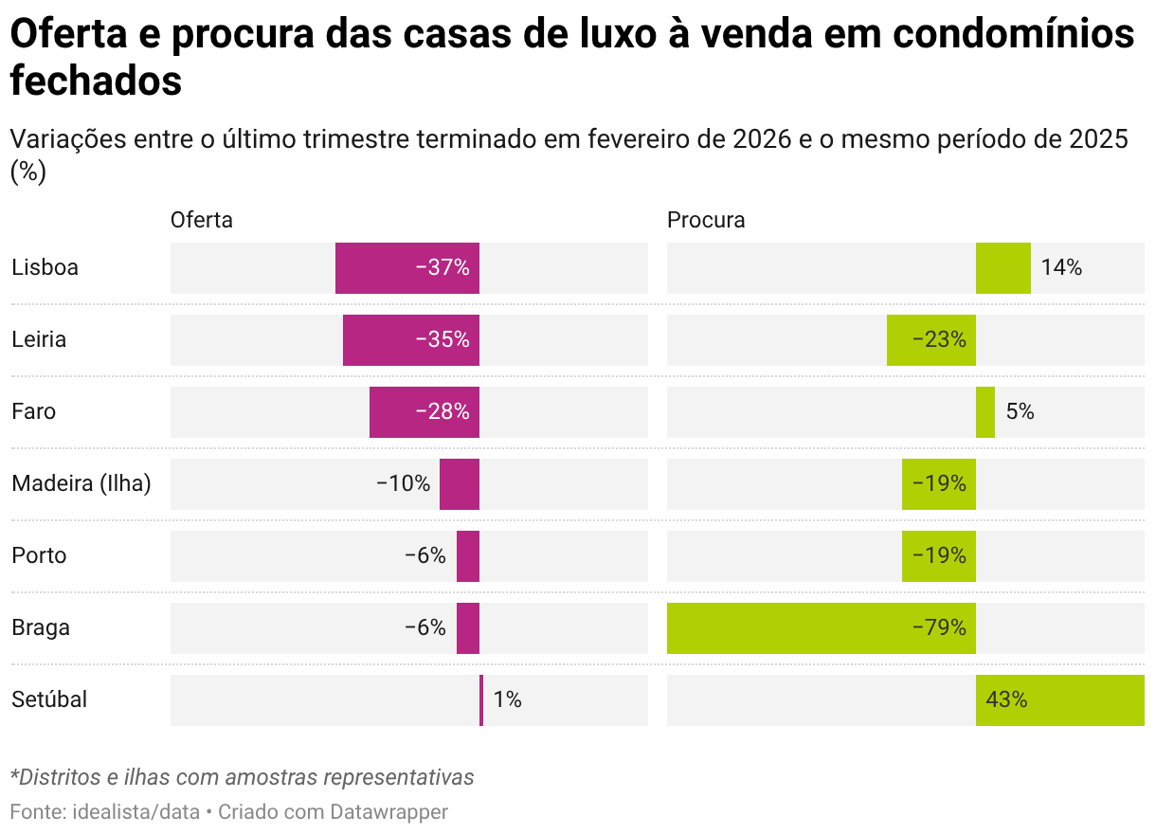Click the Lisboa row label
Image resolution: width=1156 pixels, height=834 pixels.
(45, 268)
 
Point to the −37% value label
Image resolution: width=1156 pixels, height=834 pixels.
(443, 268)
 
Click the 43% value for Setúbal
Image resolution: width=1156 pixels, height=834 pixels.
(1006, 700)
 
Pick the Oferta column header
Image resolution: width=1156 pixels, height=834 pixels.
(201, 220)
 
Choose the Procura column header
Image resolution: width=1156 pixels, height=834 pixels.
(706, 220)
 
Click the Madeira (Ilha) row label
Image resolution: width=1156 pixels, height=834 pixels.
(81, 484)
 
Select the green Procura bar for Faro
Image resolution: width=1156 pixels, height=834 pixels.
(985, 412)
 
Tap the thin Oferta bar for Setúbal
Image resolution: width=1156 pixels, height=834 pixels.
(481, 700)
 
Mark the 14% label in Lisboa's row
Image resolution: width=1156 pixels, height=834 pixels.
(1061, 268)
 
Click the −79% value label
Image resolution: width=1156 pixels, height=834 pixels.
(939, 628)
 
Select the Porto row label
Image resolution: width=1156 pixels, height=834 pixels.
(39, 556)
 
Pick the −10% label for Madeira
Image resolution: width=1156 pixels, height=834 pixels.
(403, 484)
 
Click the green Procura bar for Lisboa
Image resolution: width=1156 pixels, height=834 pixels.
(1003, 268)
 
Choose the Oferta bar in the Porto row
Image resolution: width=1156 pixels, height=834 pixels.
(468, 556)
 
